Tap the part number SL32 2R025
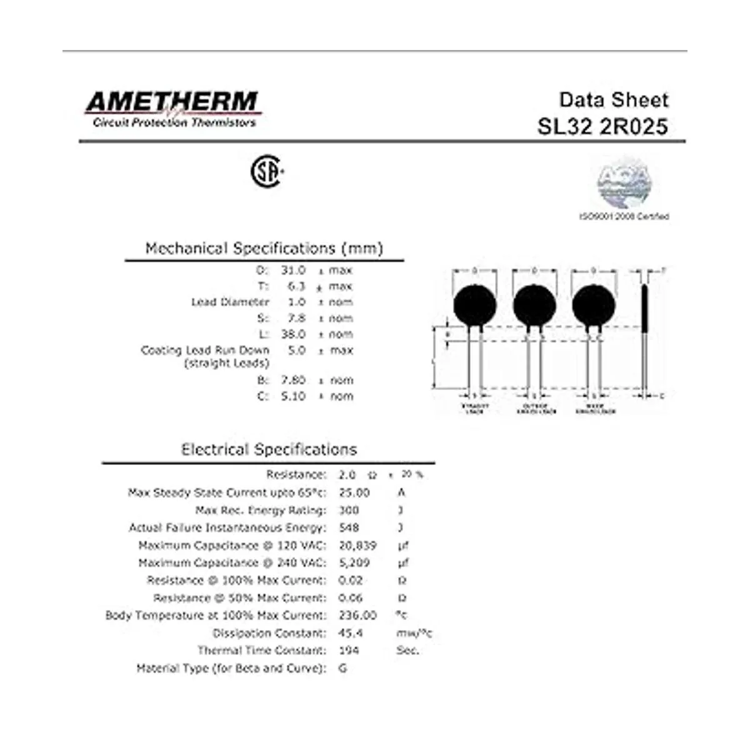[x=602, y=126]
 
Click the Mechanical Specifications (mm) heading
[x=264, y=248]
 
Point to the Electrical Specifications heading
[x=269, y=449]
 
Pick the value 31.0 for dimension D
[x=292, y=270]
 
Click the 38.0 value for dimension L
[x=292, y=334]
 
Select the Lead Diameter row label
[x=230, y=302]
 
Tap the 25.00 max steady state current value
[x=354, y=492]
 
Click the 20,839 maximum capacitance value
[x=357, y=545]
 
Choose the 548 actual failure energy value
[x=349, y=527]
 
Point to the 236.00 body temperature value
[x=357, y=615]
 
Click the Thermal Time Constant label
[x=262, y=650]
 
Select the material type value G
[x=342, y=668]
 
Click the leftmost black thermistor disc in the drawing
[x=475, y=304]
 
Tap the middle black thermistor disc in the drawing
[x=534, y=304]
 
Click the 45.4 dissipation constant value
[x=351, y=632]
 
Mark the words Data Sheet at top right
[x=613, y=100]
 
